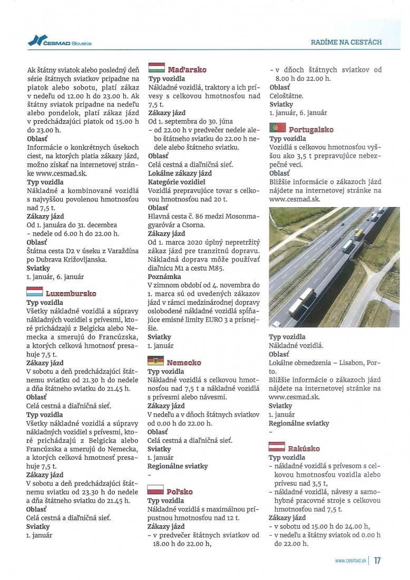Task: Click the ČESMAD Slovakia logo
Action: pyautogui.click(x=60, y=42)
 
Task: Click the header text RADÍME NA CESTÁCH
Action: pyautogui.click(x=347, y=42)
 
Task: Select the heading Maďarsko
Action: pyautogui.click(x=187, y=70)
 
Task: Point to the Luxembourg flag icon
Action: pyautogui.click(x=34, y=292)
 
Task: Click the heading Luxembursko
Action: pyautogui.click(x=71, y=293)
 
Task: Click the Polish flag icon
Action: pyautogui.click(x=155, y=490)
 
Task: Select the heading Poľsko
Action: pyautogui.click(x=180, y=491)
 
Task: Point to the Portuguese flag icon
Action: pyautogui.click(x=277, y=128)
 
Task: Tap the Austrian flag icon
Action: pyautogui.click(x=277, y=447)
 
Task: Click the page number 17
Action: pyautogui.click(x=377, y=560)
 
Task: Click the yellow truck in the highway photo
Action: pyautogui.click(x=358, y=233)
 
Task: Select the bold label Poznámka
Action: pyautogui.click(x=164, y=276)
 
